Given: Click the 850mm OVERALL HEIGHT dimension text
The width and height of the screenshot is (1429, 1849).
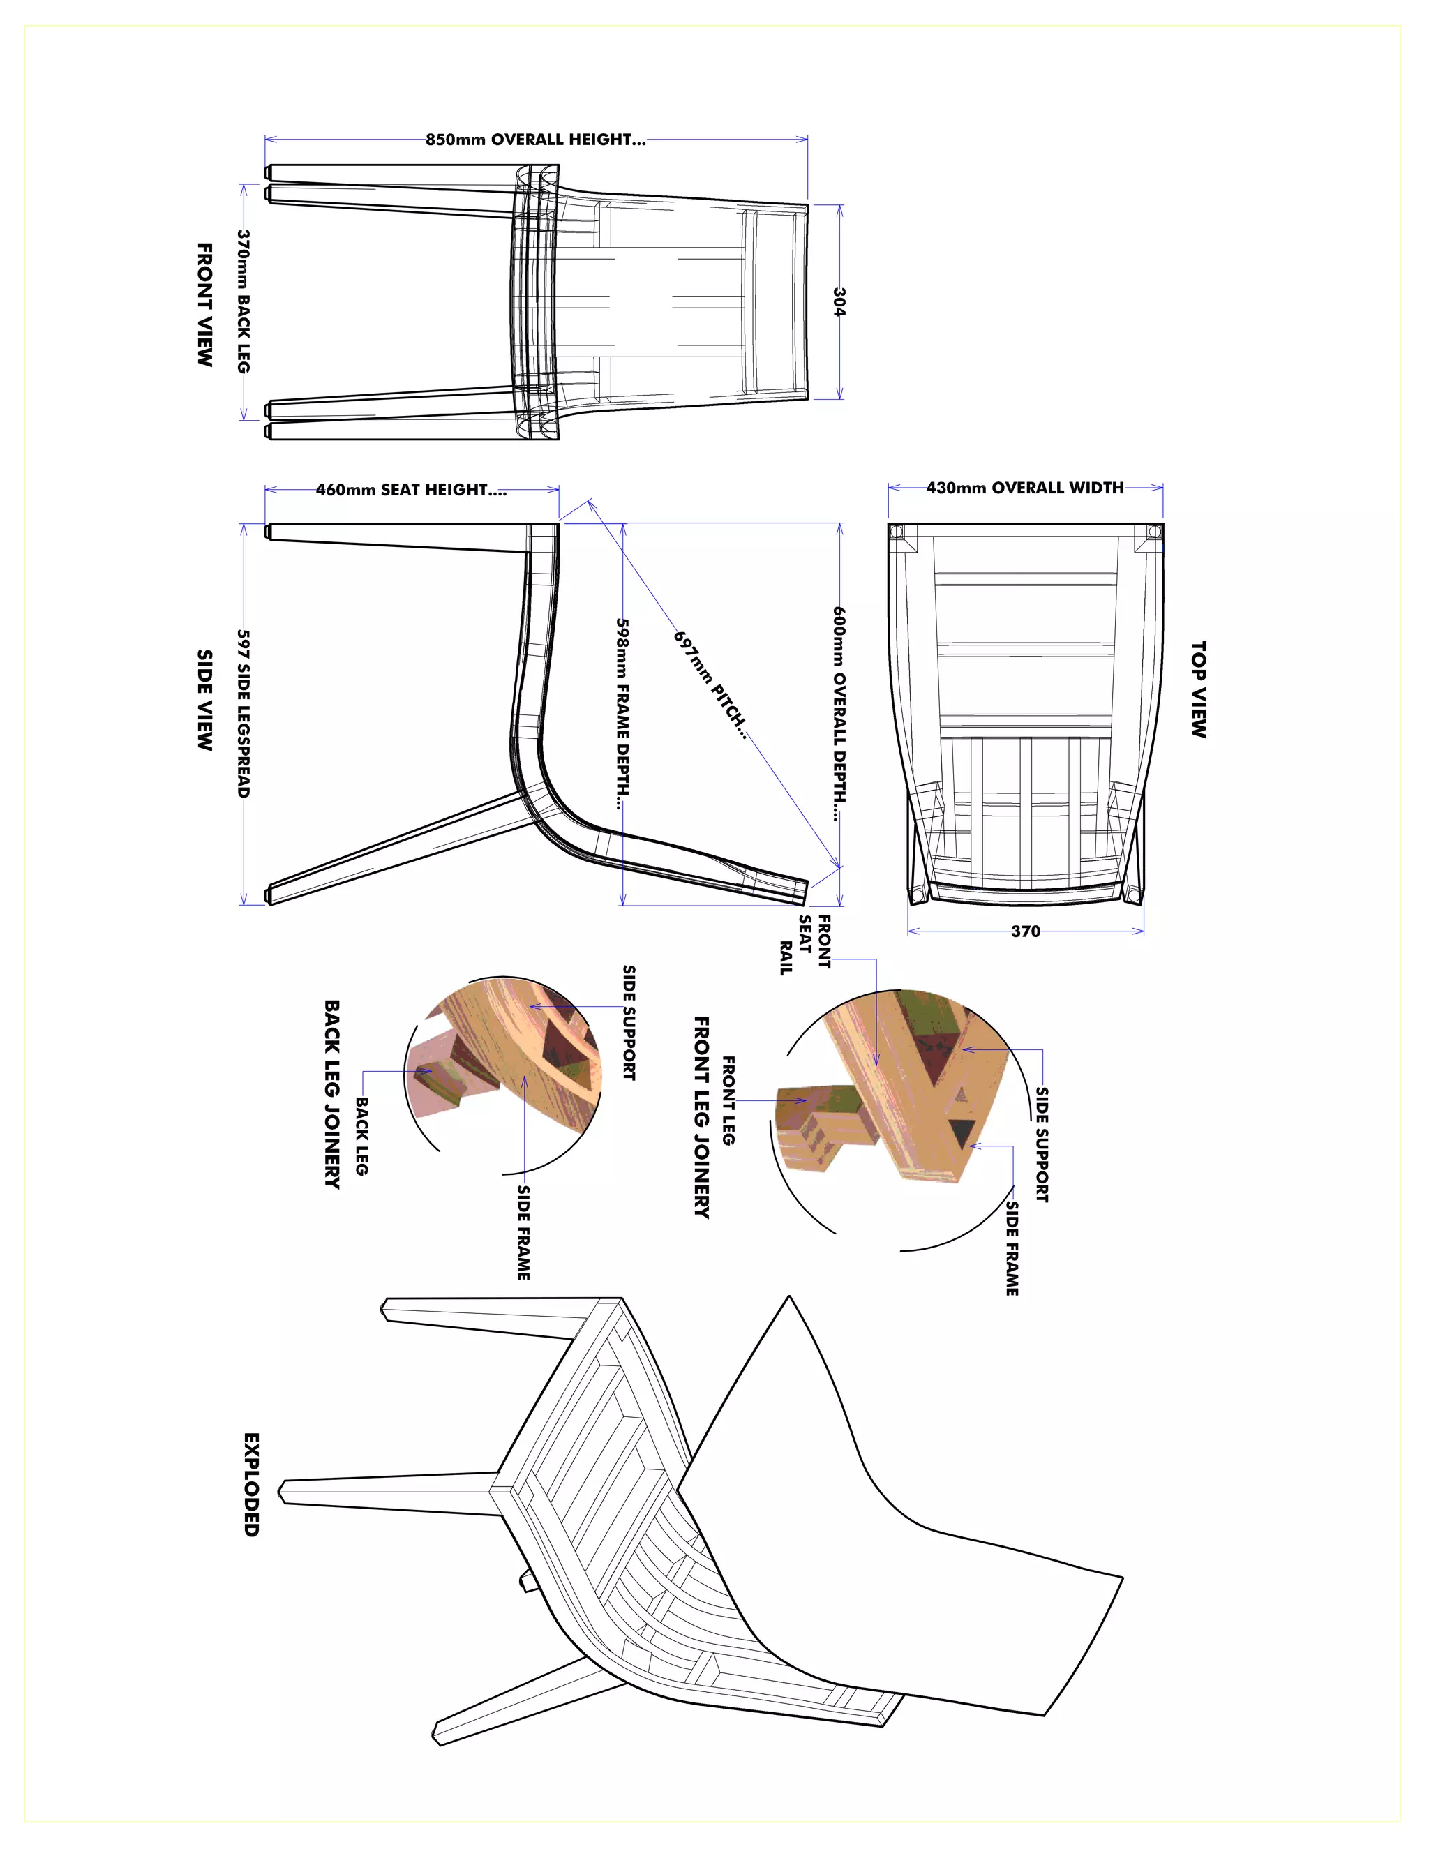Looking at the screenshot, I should coord(535,140).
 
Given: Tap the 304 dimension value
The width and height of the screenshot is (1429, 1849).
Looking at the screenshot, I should coord(839,301).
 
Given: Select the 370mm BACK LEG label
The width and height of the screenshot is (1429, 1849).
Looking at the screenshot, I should coord(244,301).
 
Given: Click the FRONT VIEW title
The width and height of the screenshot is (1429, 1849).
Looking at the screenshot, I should coord(205,305).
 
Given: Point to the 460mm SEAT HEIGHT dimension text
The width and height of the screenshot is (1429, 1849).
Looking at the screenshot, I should coord(412,489).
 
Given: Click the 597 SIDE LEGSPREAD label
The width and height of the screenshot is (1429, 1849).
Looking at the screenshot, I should coord(244,713).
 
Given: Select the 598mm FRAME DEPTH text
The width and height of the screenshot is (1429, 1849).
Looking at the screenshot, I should coord(622,713).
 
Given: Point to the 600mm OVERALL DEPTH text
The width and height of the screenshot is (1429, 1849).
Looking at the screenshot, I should coord(839,713).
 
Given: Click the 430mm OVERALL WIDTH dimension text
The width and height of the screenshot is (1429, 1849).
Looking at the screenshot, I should coord(1024,488).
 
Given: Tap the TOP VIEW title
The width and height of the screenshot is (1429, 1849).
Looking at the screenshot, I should coord(1198,689).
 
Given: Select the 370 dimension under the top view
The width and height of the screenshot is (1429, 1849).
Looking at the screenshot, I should coord(1025,931).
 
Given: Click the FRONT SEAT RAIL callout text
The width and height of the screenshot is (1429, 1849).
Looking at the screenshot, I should coord(805,944).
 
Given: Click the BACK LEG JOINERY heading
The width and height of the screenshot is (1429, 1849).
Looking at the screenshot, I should coord(333,1094).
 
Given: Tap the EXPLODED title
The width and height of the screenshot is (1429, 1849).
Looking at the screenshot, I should coord(251,1484).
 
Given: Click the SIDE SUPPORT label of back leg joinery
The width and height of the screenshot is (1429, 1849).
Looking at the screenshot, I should coord(629,1022).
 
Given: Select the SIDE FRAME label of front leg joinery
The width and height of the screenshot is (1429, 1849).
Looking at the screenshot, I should coord(1012,1248).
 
